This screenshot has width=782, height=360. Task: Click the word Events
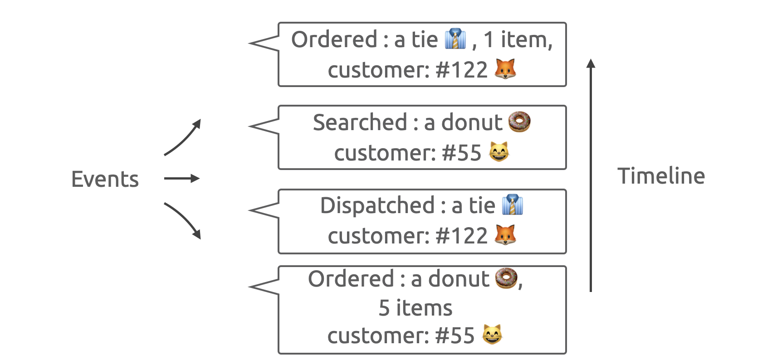[105, 179]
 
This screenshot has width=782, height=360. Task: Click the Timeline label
[661, 176]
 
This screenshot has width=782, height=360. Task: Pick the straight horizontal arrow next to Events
[181, 179]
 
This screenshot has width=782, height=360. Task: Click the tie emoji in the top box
[455, 39]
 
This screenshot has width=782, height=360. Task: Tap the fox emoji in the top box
[505, 69]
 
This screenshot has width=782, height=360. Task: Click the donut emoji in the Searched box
[519, 122]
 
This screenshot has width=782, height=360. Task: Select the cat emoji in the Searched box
[499, 152]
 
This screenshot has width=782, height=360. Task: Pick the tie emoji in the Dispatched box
[513, 205]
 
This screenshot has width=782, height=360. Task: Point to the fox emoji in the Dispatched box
[505, 235]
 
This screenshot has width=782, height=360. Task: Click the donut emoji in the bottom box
[506, 278]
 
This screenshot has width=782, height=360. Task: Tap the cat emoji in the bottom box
[492, 335]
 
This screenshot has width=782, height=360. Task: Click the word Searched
[360, 122]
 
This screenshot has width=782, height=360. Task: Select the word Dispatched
[377, 205]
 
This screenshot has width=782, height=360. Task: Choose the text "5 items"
[415, 308]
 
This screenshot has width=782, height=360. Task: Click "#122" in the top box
[461, 70]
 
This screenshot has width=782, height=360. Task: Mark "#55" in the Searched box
[461, 153]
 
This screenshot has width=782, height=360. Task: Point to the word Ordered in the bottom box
[351, 279]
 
